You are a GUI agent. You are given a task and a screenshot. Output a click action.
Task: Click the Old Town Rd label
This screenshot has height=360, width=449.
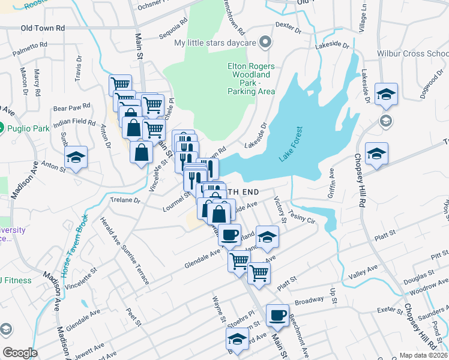pos(43,28)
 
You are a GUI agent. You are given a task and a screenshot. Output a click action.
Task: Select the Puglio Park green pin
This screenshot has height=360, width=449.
pos(1,128)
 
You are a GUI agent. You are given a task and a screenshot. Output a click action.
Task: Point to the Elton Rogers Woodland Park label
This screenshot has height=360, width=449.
pos(251,79)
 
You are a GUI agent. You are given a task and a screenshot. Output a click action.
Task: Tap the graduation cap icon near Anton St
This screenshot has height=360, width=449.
pos(76,158)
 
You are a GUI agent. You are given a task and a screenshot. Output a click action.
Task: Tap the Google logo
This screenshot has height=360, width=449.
pos(20,353)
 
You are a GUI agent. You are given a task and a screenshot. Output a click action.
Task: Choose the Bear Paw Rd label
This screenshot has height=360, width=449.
pos(71,109)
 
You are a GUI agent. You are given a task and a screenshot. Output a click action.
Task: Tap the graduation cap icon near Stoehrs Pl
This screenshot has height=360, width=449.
pos(238,340)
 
